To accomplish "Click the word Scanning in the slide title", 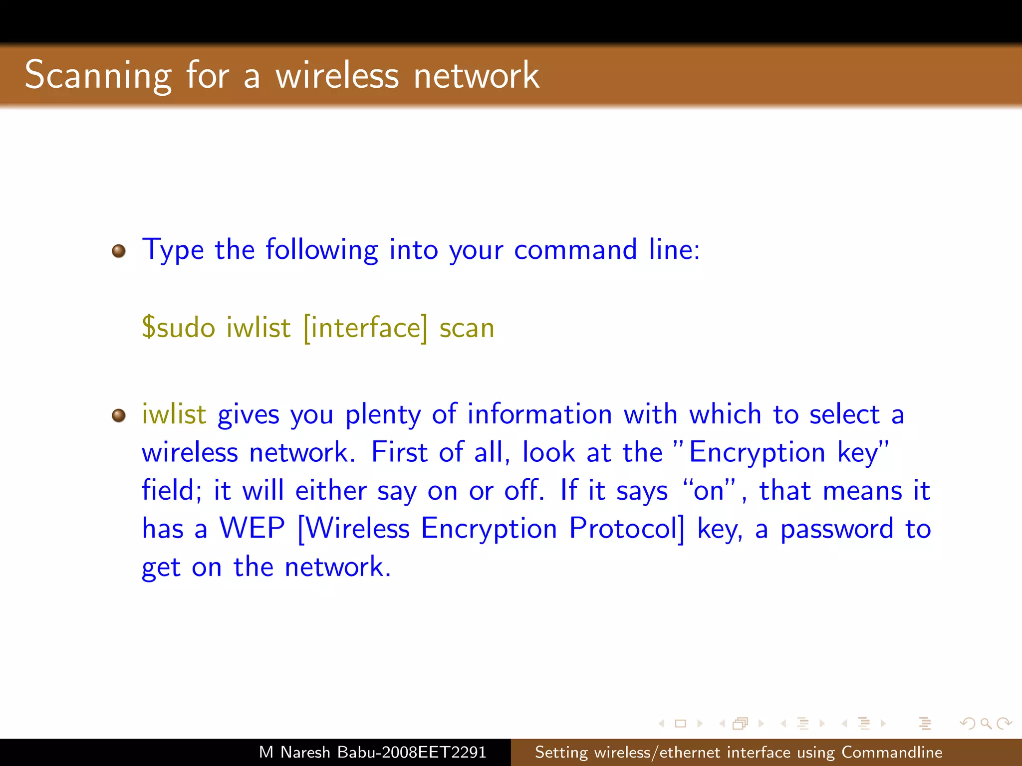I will pos(98,76).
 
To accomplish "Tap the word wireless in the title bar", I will pos(337,76).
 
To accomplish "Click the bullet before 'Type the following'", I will pos(119,251).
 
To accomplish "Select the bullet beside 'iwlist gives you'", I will pos(119,415).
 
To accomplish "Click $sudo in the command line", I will pos(178,328).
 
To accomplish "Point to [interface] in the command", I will pos(365,328).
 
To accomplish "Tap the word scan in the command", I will pos(467,329).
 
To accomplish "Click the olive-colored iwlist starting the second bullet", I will pos(174,414).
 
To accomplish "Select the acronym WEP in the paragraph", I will pos(252,528).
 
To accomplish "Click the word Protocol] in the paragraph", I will pos(627,528).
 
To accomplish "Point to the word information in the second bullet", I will pos(539,414).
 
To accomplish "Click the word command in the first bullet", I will pos(575,249).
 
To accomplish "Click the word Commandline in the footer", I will pos(892,752).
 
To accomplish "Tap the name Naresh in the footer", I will pos(305,752).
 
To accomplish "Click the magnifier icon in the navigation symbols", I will pos(986,723).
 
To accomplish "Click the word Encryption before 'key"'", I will pos(757,453).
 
